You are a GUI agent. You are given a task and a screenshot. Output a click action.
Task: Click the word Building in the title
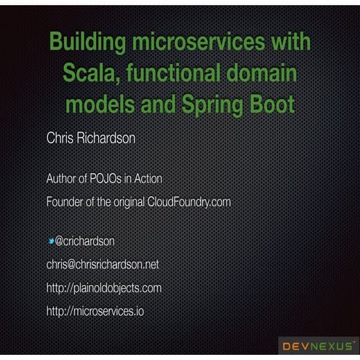coord(86,42)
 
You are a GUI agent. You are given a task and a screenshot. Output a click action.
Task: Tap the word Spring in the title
coord(214,104)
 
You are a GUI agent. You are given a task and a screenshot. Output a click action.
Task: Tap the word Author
coord(64,178)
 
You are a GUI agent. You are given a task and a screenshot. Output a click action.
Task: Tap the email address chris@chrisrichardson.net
coord(103,264)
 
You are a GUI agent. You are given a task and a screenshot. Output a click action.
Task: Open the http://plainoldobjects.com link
coord(104,288)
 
